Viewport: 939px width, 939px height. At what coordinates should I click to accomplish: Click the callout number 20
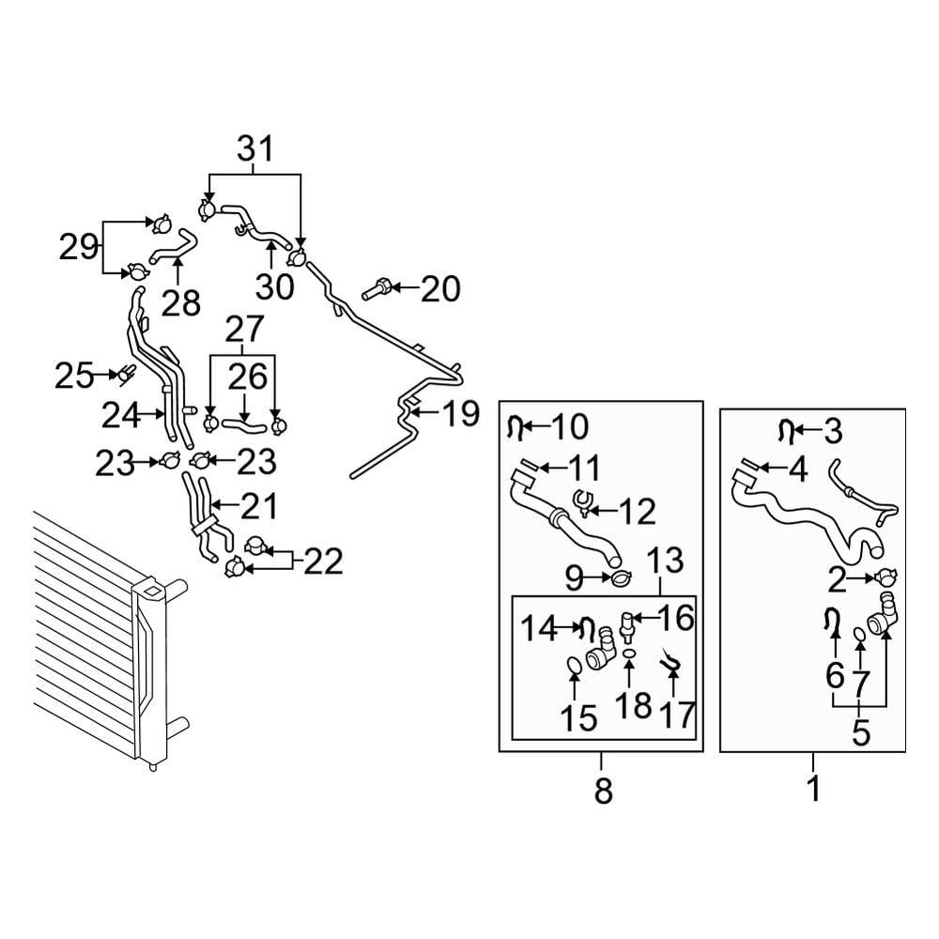click(439, 289)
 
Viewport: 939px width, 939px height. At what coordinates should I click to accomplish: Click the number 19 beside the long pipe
click(459, 414)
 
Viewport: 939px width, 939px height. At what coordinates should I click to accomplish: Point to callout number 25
click(73, 377)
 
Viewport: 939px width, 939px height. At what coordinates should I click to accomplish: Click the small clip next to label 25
click(123, 376)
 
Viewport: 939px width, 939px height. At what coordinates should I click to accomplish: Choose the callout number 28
click(180, 301)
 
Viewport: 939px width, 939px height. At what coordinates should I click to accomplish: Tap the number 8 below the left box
click(602, 791)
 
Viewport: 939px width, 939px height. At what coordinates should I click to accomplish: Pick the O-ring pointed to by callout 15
click(573, 667)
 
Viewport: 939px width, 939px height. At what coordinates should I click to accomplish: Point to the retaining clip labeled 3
click(785, 431)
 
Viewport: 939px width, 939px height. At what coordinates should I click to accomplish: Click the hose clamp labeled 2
click(887, 580)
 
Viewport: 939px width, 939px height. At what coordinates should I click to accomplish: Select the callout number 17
click(674, 715)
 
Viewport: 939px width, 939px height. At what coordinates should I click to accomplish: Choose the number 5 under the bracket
click(861, 732)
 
